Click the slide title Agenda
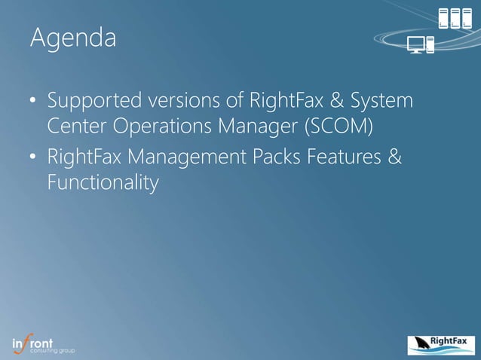(73, 38)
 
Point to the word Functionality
(103, 182)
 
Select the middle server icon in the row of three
(456, 18)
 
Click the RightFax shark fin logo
(440, 345)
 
